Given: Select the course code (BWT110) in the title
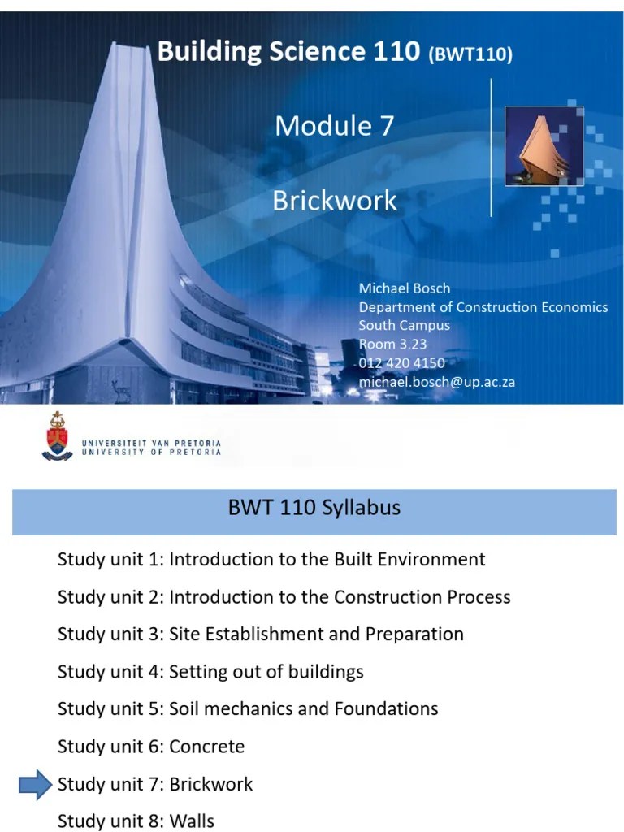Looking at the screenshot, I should pos(470,55).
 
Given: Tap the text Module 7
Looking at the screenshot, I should pos(334,126).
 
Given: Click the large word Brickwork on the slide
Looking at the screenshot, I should pos(335,201).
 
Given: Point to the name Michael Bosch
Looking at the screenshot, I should pos(404,288).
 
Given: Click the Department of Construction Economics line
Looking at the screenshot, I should pos(483,307).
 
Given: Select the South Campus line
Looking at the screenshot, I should pos(404,326).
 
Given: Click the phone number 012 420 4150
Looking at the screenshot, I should pos(401,363).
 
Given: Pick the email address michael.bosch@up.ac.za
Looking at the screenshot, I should pos(436,382).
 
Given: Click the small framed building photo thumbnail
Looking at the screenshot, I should pos(534,147).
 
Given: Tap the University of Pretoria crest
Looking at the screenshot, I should pos(57,435).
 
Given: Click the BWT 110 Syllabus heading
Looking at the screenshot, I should pos(314,509).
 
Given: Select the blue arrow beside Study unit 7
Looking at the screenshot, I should pos(35,785).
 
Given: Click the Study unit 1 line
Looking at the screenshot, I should pos(271,559).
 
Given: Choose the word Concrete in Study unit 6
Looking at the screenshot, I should pos(207,747).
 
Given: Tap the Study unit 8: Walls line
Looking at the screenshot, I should pos(136,821).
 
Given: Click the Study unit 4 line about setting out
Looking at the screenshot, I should pos(210,672).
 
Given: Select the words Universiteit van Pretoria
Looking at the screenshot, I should pos(151,442).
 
